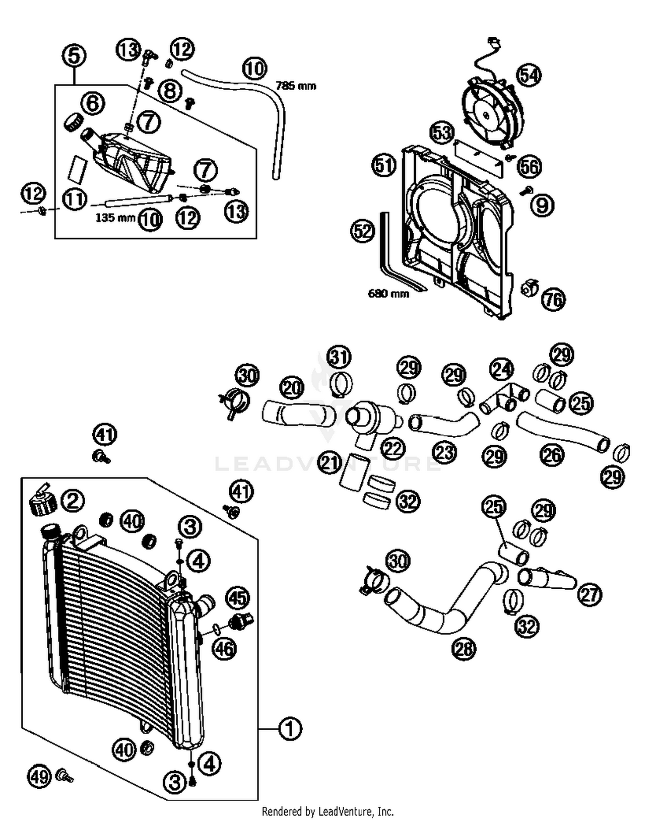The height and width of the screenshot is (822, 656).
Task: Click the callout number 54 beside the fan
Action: click(x=529, y=75)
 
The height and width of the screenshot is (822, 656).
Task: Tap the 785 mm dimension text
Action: click(x=296, y=86)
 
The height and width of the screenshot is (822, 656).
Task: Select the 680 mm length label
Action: click(x=388, y=293)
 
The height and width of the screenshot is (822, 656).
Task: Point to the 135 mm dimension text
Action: click(x=115, y=218)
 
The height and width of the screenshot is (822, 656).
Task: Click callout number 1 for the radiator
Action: click(x=290, y=729)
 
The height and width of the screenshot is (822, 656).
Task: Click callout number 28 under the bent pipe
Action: click(x=464, y=648)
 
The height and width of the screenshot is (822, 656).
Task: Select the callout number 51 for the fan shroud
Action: click(x=384, y=165)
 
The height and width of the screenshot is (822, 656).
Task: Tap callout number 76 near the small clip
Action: click(x=553, y=299)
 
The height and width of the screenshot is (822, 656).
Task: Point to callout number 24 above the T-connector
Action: click(x=501, y=369)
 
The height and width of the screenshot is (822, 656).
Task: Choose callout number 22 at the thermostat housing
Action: click(x=392, y=448)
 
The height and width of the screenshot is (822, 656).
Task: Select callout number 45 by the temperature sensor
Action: click(x=237, y=598)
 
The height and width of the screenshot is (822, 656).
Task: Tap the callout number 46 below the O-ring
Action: click(x=224, y=649)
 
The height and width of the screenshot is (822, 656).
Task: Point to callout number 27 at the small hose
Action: click(x=590, y=594)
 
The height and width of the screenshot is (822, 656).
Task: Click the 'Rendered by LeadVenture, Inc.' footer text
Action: click(x=328, y=811)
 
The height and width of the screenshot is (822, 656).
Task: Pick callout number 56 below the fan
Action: click(x=529, y=166)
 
